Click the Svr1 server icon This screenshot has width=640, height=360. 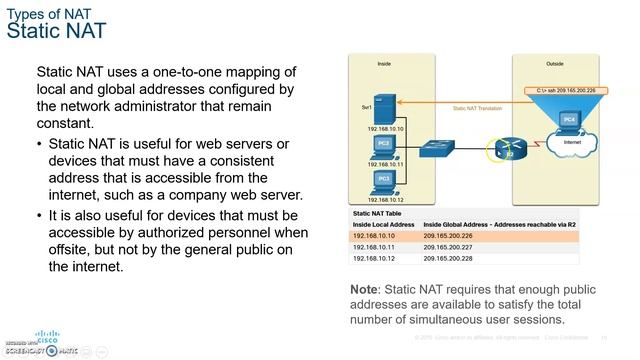tap(392, 108)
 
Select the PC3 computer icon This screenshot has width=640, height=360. tap(384, 179)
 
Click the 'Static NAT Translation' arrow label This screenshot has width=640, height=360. tap(477, 108)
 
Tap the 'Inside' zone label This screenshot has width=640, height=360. tap(384, 63)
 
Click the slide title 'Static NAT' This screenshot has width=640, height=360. tap(56, 31)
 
